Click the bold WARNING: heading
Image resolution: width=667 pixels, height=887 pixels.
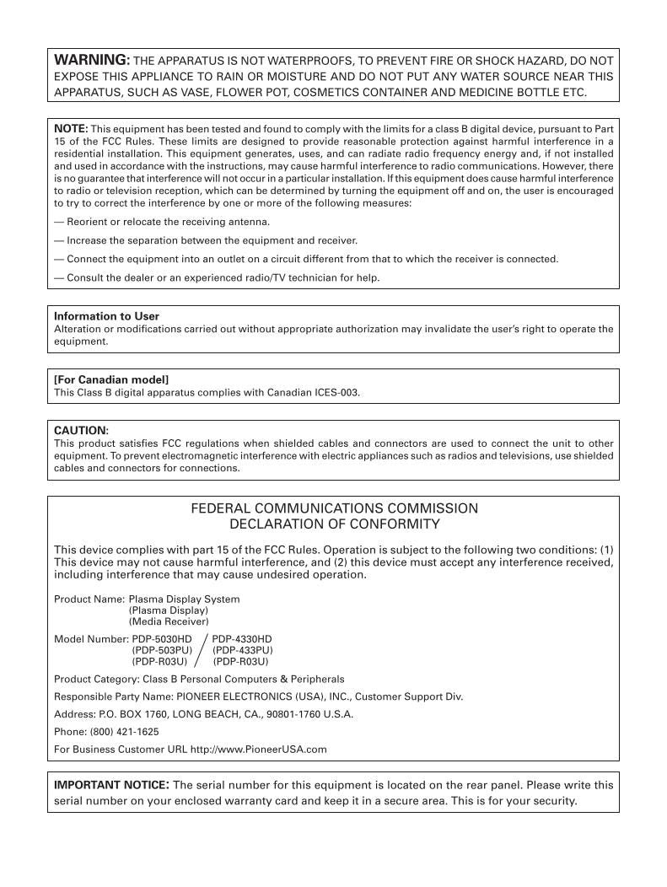point(92,60)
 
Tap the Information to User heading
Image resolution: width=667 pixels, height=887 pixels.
point(106,316)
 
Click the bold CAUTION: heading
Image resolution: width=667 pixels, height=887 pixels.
point(81,430)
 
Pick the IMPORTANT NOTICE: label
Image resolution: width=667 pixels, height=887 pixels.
point(111,784)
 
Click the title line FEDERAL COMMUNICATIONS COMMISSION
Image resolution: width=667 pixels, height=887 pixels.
point(334,508)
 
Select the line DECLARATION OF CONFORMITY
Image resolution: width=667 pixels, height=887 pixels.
point(334,524)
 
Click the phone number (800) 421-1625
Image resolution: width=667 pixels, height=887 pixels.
point(122,731)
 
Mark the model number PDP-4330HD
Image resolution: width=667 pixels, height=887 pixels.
point(242,638)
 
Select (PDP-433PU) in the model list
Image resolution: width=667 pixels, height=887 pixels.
point(243,650)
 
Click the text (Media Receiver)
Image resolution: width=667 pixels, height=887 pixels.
point(168,621)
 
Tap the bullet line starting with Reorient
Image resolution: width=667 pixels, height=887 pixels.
point(162,222)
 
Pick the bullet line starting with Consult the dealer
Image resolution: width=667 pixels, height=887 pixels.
point(217,277)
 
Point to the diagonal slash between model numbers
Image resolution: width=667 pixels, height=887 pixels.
point(202,650)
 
